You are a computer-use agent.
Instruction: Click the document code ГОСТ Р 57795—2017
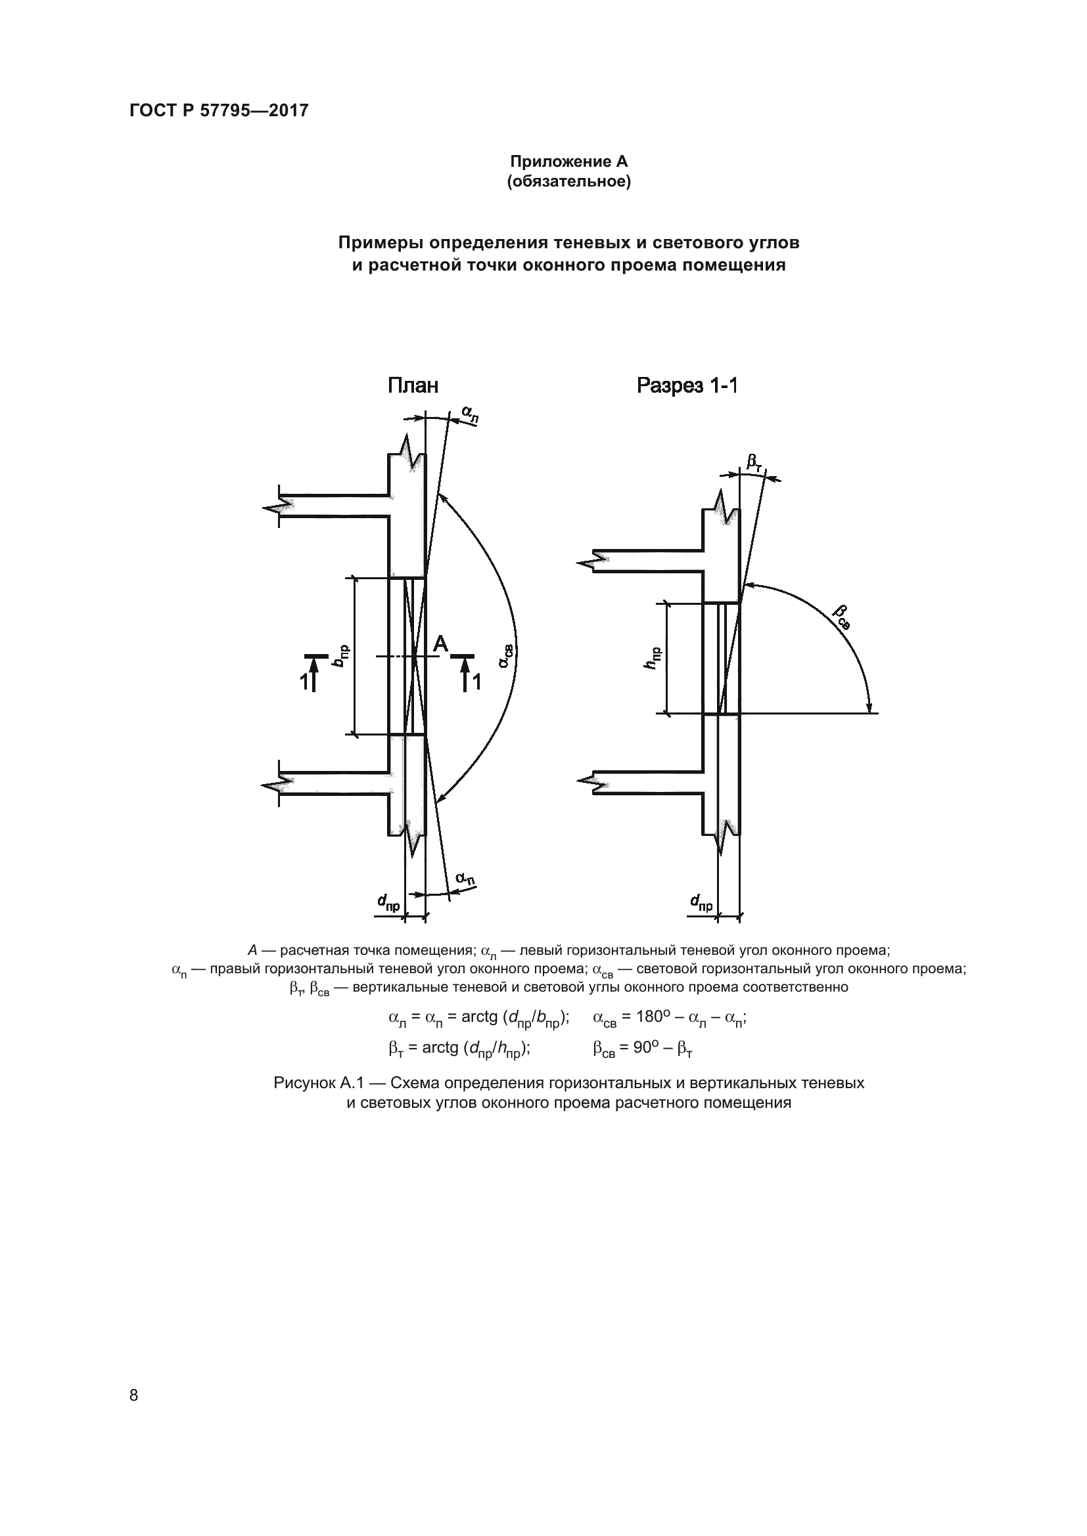[219, 110]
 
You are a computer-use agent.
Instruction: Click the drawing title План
[413, 385]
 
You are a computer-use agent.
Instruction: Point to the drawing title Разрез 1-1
[687, 385]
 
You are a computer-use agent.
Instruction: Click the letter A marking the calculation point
[440, 644]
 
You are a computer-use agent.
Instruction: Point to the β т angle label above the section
[754, 462]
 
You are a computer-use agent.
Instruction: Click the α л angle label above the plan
[471, 414]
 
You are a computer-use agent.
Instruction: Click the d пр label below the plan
[389, 903]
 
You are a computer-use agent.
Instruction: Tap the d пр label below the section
[702, 903]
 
